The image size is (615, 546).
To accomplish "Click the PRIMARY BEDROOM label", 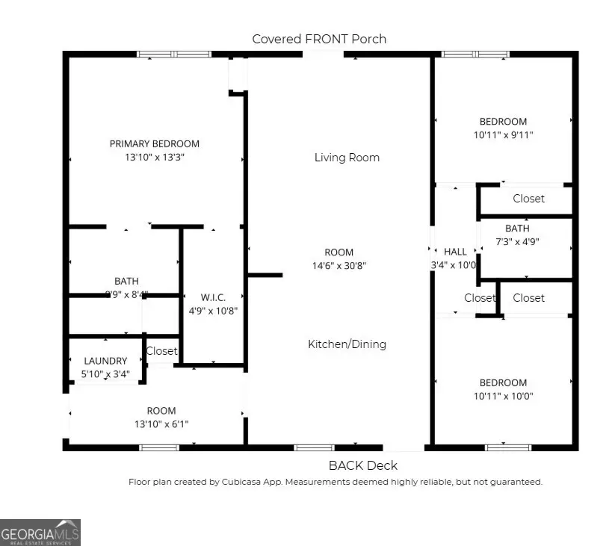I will [x=155, y=143].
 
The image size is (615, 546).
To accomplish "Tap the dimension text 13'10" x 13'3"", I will [x=155, y=158].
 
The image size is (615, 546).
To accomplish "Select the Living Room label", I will [x=347, y=158].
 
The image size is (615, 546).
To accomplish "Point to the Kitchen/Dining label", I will [x=347, y=344].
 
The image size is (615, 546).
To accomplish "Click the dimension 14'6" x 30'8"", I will [x=339, y=266].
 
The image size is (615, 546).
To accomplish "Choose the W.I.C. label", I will [x=213, y=297].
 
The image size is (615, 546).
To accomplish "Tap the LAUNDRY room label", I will [x=105, y=361].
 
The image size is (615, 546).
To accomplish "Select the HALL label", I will [x=455, y=252].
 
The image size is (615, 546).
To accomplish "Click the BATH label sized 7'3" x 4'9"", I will [x=517, y=229].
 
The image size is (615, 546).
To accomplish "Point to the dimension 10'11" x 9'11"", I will [x=503, y=135].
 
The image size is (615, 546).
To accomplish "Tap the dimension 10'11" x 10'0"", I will [x=503, y=397].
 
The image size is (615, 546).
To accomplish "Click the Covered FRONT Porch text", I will [x=319, y=39].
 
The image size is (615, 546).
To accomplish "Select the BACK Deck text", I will [x=363, y=465].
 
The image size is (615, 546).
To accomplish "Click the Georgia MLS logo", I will [x=40, y=533].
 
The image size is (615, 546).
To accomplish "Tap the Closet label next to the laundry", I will [x=161, y=351].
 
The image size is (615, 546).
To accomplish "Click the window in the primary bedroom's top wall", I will [x=173, y=55].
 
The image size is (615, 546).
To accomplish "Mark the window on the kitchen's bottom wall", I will [x=313, y=447].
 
